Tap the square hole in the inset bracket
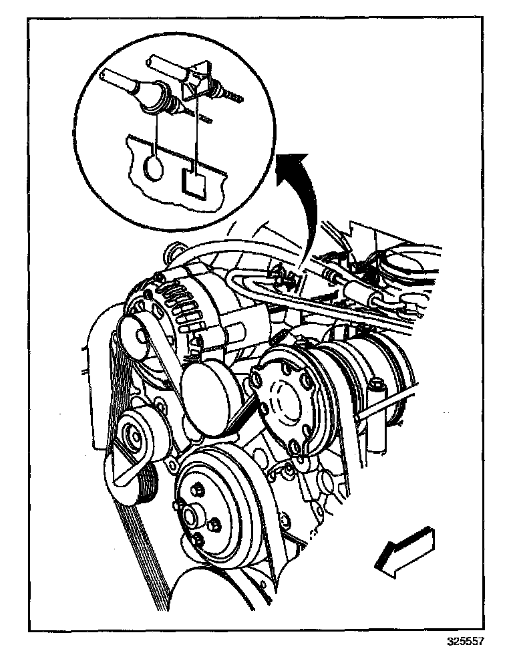click(x=194, y=182)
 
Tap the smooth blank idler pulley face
click(x=212, y=394)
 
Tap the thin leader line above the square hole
click(x=198, y=134)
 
